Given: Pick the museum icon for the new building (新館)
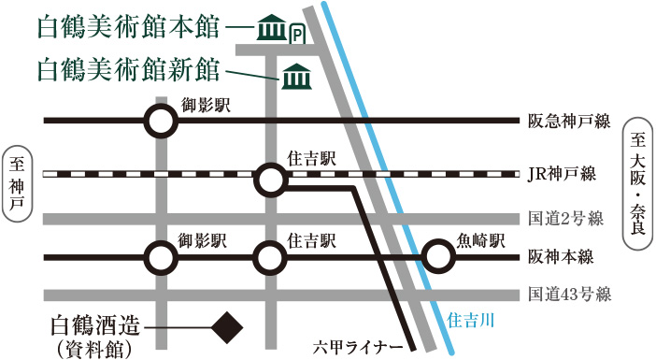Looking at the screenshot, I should click(x=296, y=75).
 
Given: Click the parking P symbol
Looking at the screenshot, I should click(x=297, y=35).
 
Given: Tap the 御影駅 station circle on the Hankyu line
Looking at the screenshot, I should click(x=161, y=120).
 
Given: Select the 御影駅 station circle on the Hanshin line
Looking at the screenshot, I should click(x=161, y=255).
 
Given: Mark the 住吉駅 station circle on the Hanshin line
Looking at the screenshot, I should click(x=270, y=255).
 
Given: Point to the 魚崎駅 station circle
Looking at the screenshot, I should click(x=436, y=255).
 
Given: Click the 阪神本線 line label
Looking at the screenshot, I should click(x=562, y=255).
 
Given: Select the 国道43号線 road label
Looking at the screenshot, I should click(x=568, y=294).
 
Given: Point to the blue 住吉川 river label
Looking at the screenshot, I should click(x=471, y=320).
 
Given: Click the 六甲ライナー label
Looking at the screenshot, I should click(x=358, y=349).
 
